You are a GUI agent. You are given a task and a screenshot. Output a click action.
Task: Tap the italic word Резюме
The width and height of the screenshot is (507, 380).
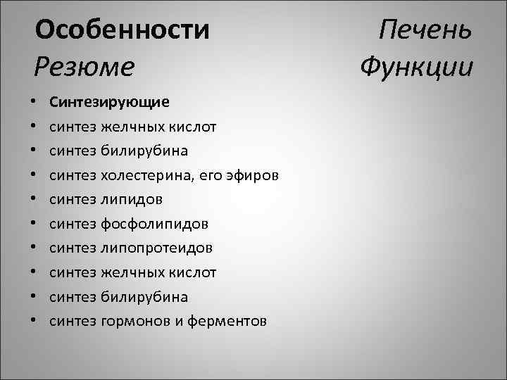click(x=84, y=67)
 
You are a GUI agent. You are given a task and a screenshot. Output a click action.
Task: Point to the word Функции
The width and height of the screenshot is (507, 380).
click(x=415, y=67)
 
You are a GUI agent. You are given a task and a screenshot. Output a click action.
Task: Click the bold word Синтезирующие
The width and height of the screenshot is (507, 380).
click(x=109, y=101)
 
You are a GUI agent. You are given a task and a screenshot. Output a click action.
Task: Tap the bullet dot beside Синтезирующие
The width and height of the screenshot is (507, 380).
click(x=35, y=102)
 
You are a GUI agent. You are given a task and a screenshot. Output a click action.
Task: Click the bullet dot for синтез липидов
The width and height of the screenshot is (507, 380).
click(x=35, y=200)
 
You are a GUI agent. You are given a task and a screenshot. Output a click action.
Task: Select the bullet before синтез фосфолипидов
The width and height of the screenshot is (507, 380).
click(x=35, y=224)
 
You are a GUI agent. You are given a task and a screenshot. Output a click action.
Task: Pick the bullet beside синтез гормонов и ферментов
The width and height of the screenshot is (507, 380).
click(x=35, y=322)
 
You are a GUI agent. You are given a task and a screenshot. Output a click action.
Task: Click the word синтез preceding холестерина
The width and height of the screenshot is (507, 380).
click(x=73, y=175)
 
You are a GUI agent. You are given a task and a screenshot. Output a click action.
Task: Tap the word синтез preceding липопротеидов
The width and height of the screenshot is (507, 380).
click(x=73, y=248)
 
